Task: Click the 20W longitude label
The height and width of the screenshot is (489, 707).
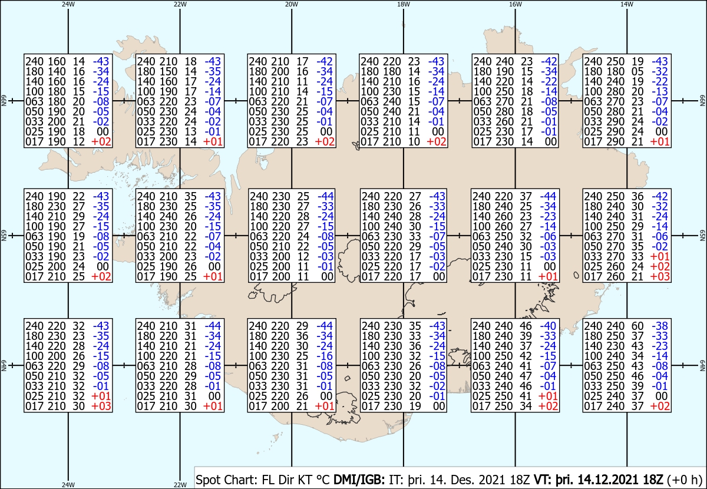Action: click(291, 4)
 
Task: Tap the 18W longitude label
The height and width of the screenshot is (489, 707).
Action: click(403, 4)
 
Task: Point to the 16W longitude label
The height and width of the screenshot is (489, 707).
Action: click(515, 4)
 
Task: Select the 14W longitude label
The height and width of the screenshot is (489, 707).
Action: click(627, 4)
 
